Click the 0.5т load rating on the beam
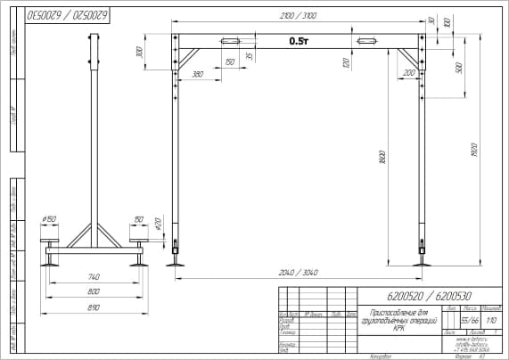299,42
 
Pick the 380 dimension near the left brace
196,75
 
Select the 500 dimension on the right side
458,69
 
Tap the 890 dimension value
94,307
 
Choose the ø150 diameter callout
49,219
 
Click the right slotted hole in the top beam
368,41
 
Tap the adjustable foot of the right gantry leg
421,253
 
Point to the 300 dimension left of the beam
140,53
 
